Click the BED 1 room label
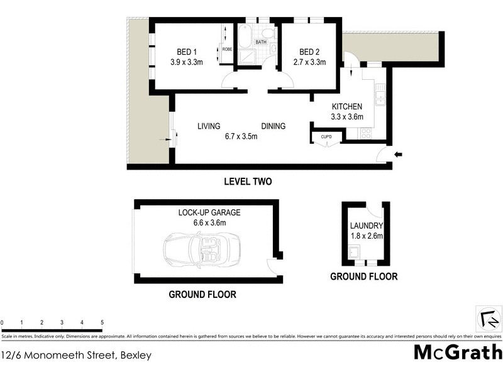(x=184, y=52)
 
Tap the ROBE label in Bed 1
(x=227, y=49)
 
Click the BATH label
(x=261, y=43)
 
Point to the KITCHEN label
(x=348, y=106)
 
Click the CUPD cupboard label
(x=326, y=136)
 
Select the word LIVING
(x=209, y=126)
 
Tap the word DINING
(x=274, y=126)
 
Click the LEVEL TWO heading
(x=248, y=182)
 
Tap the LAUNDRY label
(x=366, y=226)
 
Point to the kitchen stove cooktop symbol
(x=366, y=133)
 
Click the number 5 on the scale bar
(x=102, y=322)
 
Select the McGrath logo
(x=457, y=352)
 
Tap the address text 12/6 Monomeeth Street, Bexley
(x=76, y=356)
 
